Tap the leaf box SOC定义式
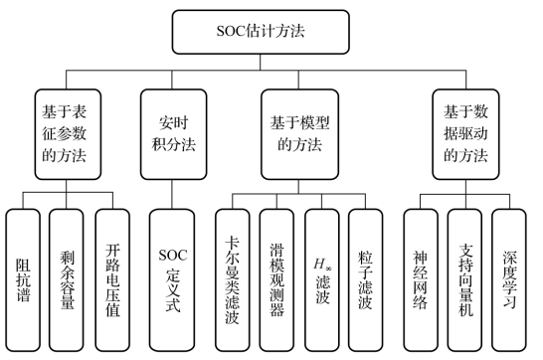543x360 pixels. pyautogui.click(x=172, y=277)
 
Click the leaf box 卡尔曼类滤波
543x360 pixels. pyautogui.click(x=235, y=277)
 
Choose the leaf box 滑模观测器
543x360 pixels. pyautogui.click(x=278, y=277)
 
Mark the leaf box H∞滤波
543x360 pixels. pyautogui.click(x=322, y=277)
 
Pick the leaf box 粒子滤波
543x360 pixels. pyautogui.click(x=365, y=277)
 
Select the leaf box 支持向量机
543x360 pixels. pyautogui.click(x=464, y=277)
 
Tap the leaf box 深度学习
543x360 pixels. pyautogui.click(x=508, y=277)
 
